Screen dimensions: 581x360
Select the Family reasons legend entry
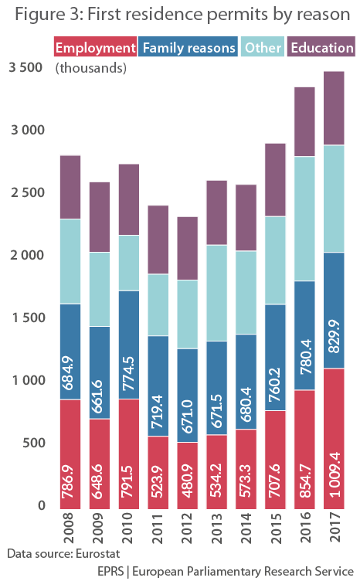189,48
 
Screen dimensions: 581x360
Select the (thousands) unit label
91,69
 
